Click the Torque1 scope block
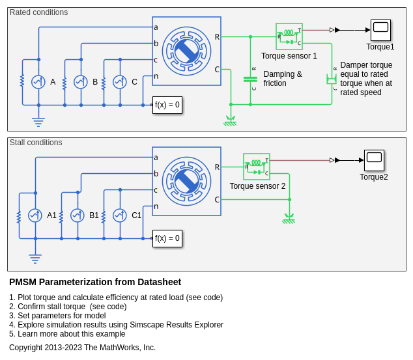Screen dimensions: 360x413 click(x=380, y=29)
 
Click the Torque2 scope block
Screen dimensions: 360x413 click(x=374, y=159)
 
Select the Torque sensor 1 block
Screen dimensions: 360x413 click(x=289, y=36)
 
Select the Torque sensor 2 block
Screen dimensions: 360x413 click(x=257, y=167)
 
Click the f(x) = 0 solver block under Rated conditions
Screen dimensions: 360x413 click(x=167, y=105)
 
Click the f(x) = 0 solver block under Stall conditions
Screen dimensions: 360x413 click(x=167, y=238)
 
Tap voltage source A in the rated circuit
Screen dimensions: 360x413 click(x=38, y=82)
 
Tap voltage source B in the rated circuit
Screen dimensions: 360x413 click(x=81, y=82)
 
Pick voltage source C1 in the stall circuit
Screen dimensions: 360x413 click(x=120, y=215)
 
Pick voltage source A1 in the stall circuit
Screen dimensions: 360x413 click(x=35, y=215)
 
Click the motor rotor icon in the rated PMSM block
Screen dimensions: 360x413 click(x=186, y=50)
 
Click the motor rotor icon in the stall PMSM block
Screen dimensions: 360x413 click(x=186, y=180)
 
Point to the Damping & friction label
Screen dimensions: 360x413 click(x=283, y=79)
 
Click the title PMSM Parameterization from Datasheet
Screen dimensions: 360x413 click(x=95, y=282)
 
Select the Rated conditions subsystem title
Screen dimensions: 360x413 click(x=38, y=12)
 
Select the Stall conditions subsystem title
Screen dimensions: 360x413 click(x=36, y=143)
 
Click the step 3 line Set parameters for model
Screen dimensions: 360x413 click(x=57, y=316)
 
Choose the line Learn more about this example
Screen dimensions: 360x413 click(x=67, y=334)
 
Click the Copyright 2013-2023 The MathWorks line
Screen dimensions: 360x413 click(x=82, y=348)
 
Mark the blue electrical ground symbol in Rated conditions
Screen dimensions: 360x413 click(x=38, y=121)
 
